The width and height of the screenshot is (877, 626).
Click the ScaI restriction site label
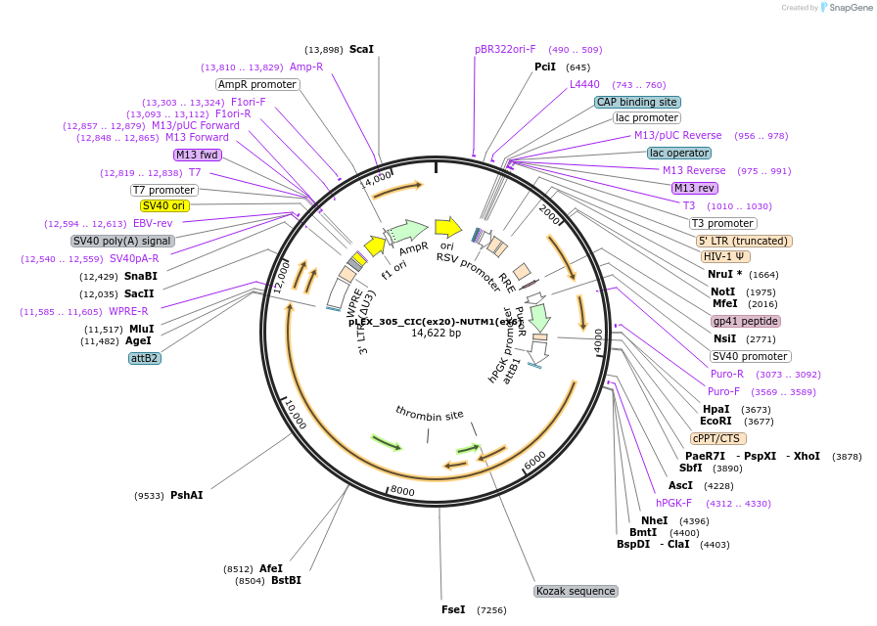pyautogui.click(x=361, y=49)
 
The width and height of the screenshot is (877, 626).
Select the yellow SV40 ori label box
pyautogui.click(x=164, y=205)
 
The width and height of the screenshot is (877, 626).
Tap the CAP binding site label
pyautogui.click(x=637, y=102)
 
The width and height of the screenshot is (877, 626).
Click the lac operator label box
pyautogui.click(x=679, y=153)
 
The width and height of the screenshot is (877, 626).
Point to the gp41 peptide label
pyautogui.click(x=746, y=321)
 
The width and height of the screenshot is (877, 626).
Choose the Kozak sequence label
pyautogui.click(x=576, y=591)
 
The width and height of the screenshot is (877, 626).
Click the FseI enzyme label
pyautogui.click(x=453, y=609)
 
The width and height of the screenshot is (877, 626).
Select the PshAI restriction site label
pyautogui.click(x=187, y=495)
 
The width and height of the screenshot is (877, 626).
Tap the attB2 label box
pyautogui.click(x=145, y=358)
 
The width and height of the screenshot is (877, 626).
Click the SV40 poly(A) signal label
pyautogui.click(x=122, y=241)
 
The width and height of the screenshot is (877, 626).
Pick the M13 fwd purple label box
pyautogui.click(x=198, y=155)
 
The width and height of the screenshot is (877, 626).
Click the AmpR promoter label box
pyautogui.click(x=257, y=84)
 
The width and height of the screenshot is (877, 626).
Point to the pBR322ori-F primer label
pyautogui.click(x=505, y=49)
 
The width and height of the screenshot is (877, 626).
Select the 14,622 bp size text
pyautogui.click(x=436, y=333)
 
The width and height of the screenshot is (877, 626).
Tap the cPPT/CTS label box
pyautogui.click(x=717, y=438)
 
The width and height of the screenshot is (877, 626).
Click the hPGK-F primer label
pyautogui.click(x=673, y=503)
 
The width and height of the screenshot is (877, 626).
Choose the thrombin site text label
pyautogui.click(x=429, y=414)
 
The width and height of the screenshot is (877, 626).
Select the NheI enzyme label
pyautogui.click(x=654, y=520)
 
